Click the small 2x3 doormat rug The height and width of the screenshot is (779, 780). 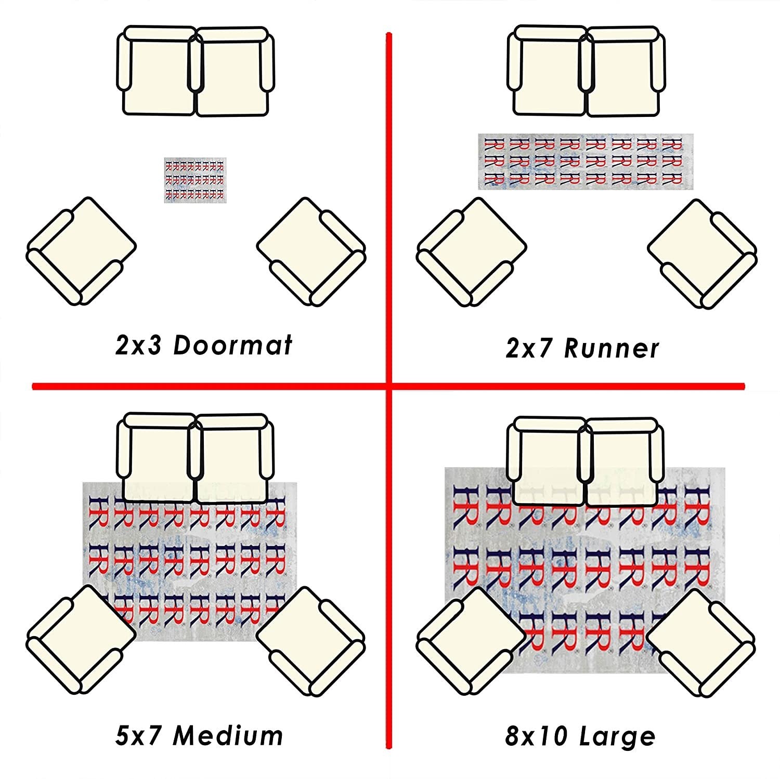[x=196, y=180]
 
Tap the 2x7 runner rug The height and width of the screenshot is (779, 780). [x=586, y=161]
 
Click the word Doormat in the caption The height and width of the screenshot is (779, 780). [x=232, y=346]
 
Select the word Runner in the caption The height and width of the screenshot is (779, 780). [x=612, y=349]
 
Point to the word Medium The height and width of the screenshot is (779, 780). [x=228, y=736]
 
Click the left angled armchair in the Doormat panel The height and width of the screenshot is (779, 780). [x=81, y=250]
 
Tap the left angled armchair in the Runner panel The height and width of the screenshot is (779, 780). [x=471, y=252]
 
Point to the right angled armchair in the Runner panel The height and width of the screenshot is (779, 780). [x=703, y=254]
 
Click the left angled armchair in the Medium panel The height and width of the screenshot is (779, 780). [x=81, y=639]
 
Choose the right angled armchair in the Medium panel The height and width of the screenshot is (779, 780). [x=311, y=641]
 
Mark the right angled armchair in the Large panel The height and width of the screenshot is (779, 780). [x=700, y=642]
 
